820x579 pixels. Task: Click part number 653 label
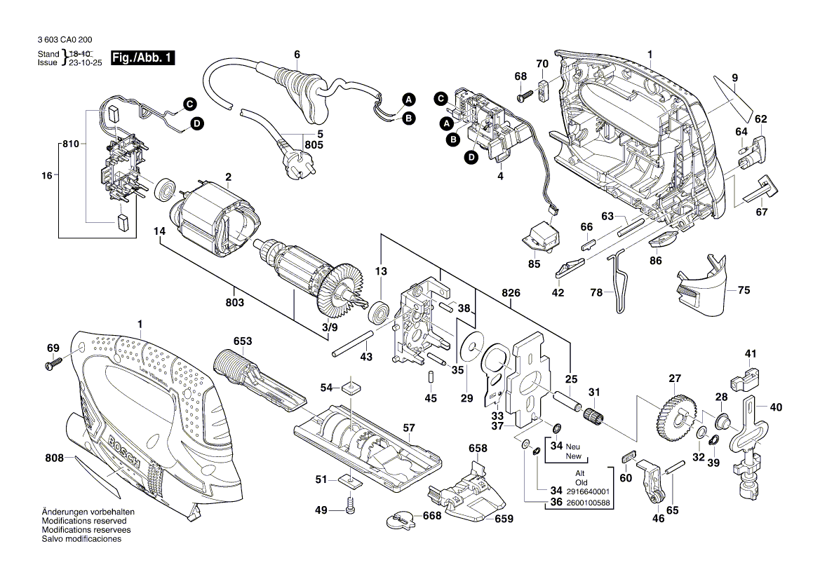tap(243, 341)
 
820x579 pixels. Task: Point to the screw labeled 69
tap(54, 364)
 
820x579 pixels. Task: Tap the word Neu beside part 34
tap(573, 447)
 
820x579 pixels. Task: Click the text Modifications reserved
tap(84, 522)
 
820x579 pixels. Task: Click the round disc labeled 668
tap(399, 519)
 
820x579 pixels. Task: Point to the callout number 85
tap(535, 264)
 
